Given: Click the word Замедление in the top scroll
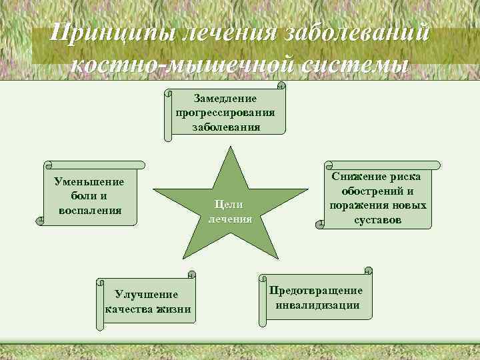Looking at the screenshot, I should (225, 98).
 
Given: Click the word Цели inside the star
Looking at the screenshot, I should (230, 205).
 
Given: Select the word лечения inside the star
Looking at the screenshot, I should (230, 218).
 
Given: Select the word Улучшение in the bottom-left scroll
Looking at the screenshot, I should (147, 294).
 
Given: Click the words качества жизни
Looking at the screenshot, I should (148, 309).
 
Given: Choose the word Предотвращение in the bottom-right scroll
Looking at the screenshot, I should (317, 291).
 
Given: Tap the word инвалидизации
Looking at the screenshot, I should (317, 305).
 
